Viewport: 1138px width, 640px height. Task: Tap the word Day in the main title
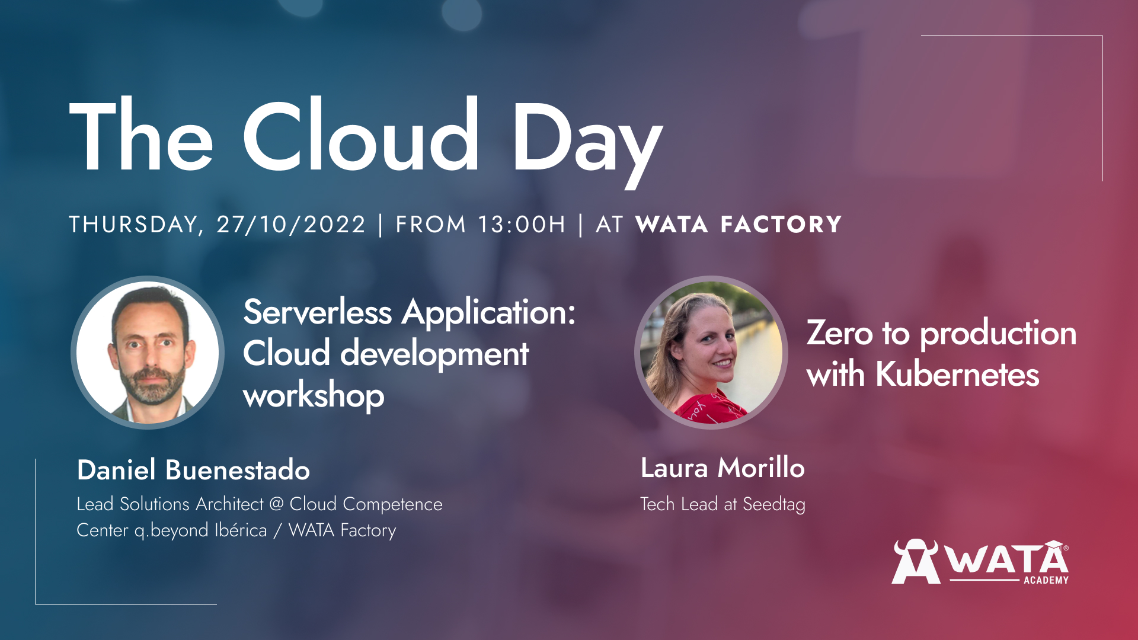(587, 142)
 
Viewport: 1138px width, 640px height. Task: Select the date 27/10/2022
(291, 225)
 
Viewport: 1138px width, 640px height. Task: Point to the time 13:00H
(522, 225)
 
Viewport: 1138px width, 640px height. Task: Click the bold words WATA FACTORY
(739, 225)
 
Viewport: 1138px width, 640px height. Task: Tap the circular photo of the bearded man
(148, 353)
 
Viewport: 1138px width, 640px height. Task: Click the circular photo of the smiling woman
(711, 353)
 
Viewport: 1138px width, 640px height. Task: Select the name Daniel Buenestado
(193, 470)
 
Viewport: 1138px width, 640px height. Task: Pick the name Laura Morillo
(723, 468)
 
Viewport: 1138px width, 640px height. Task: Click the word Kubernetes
(957, 374)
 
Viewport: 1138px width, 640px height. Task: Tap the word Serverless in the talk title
(318, 312)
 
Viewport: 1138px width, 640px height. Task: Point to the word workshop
(314, 395)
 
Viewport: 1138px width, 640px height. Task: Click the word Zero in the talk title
(840, 333)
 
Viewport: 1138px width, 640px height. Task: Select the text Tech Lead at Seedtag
(723, 504)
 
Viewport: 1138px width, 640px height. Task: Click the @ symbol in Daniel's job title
(276, 504)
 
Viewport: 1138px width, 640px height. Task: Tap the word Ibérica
(241, 530)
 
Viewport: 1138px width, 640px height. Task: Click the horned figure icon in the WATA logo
(916, 561)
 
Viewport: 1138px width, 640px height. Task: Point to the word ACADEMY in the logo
(1046, 580)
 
